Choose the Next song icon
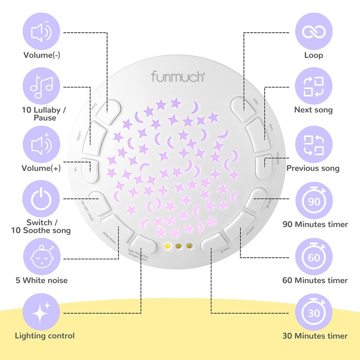click(x=315, y=87)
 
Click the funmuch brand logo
click(x=178, y=76)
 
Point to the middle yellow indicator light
click(x=179, y=246)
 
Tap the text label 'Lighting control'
click(x=45, y=336)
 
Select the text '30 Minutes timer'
click(x=315, y=336)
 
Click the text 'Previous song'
click(x=313, y=168)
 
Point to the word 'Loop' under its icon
click(x=314, y=55)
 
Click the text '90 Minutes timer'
click(x=315, y=224)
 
